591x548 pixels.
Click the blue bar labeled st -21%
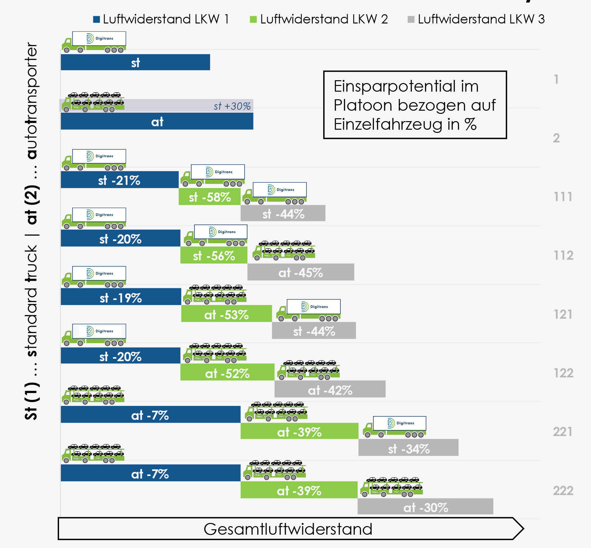pos(120,180)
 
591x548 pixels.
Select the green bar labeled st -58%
pos(209,197)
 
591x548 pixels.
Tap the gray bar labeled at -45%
pos(300,272)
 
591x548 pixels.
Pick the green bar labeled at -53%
pos(226,314)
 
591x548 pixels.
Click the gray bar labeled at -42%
pos(330,389)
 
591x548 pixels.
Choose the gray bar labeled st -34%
pos(408,448)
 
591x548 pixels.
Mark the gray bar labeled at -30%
pos(425,506)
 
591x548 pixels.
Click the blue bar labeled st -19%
pos(121,297)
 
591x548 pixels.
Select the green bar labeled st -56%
pos(213,255)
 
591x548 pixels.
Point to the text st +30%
pos(232,106)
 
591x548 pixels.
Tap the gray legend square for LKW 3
pos(411,20)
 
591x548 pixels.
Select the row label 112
pos(563,256)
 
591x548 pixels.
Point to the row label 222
pos(563,491)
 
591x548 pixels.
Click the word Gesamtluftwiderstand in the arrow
pos(288,529)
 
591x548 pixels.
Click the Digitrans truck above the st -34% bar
pos(394,427)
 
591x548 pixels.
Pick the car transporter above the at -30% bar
pos(391,487)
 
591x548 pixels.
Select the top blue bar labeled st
pos(135,62)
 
